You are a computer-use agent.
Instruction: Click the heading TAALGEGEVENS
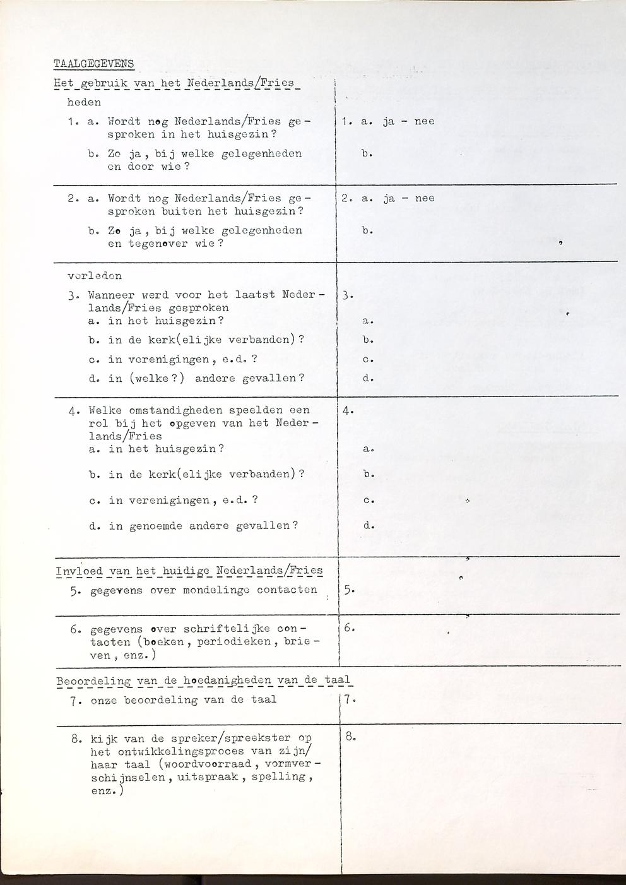point(93,63)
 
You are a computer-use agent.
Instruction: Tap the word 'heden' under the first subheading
point(83,102)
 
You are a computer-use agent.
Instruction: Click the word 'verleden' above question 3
point(95,276)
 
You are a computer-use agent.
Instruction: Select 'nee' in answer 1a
point(424,121)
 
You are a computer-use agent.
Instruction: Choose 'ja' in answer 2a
point(389,198)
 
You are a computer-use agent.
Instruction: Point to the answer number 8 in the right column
point(350,736)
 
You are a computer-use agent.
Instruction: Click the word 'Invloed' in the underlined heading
point(79,571)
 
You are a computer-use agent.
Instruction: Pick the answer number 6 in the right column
point(349,628)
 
